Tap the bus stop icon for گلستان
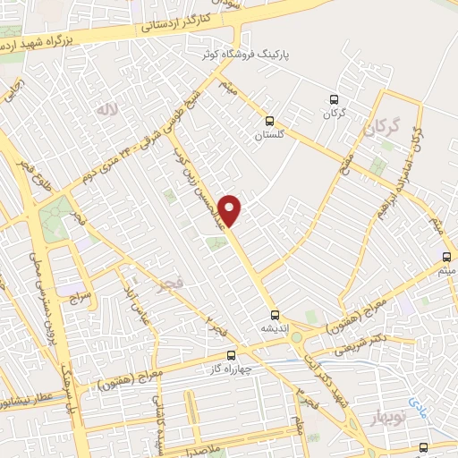269,121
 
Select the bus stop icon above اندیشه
276,314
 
